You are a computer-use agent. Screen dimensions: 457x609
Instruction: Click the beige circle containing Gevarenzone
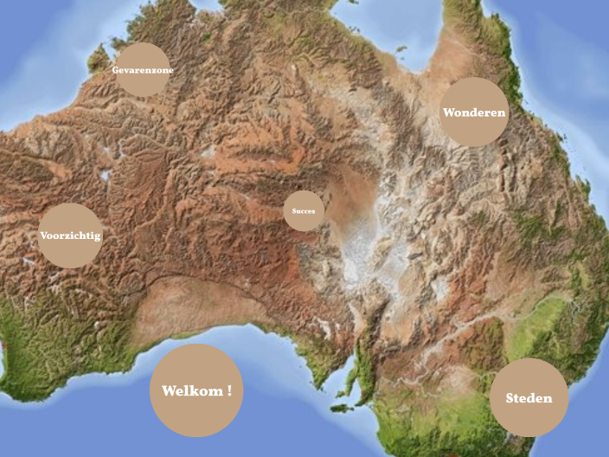click(x=142, y=69)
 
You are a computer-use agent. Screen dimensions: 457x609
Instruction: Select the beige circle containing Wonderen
click(x=473, y=112)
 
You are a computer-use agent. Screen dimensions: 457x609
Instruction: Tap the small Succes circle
click(x=304, y=211)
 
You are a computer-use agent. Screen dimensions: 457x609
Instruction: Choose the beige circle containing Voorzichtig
click(x=71, y=235)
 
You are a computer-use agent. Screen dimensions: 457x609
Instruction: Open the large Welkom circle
click(x=196, y=390)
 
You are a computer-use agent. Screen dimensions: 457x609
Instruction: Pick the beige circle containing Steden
click(x=529, y=398)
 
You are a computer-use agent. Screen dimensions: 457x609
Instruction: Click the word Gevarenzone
click(x=142, y=69)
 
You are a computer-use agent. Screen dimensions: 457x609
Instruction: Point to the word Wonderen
click(x=473, y=113)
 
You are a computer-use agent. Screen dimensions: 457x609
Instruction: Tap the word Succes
click(x=304, y=211)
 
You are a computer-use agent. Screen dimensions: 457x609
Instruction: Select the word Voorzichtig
click(x=71, y=235)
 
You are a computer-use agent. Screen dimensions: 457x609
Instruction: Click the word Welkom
click(x=191, y=391)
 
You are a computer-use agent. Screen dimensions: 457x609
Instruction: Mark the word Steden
click(x=529, y=399)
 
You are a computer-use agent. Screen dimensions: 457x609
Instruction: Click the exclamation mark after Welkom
click(x=229, y=390)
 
